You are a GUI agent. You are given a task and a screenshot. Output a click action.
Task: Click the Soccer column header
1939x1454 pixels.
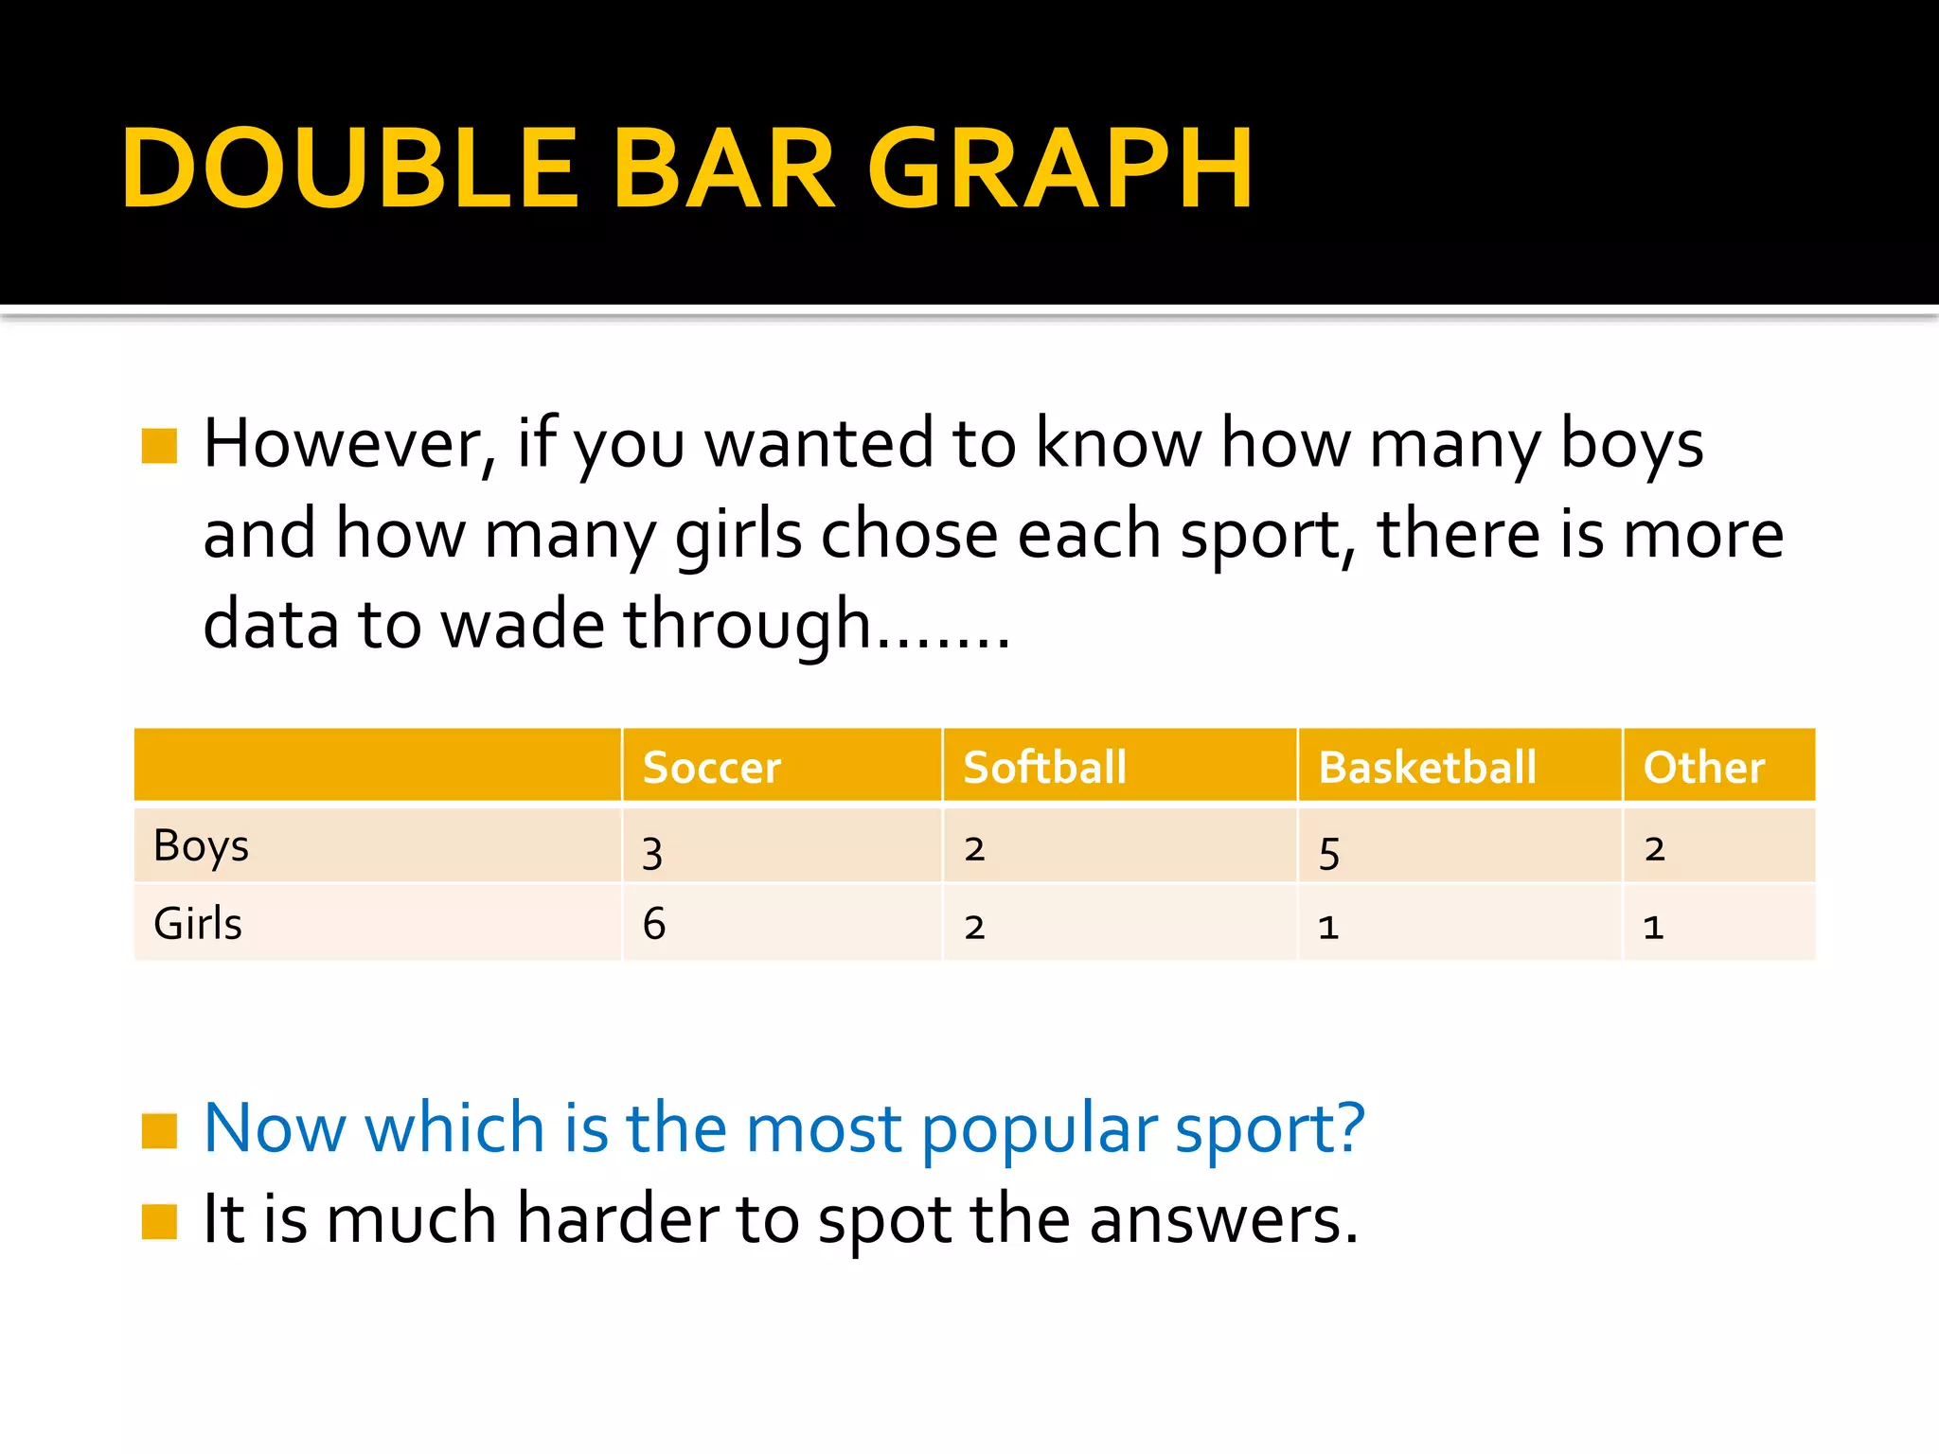(712, 767)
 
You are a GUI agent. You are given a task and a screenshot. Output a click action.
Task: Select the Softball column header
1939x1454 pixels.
(1044, 767)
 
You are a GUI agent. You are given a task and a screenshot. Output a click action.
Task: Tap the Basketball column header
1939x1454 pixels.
(1427, 767)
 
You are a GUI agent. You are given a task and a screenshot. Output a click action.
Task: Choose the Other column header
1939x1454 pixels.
(1703, 767)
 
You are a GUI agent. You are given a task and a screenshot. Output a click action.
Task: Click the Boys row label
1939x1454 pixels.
(201, 846)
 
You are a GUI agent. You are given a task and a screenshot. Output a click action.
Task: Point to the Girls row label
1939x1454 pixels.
(198, 924)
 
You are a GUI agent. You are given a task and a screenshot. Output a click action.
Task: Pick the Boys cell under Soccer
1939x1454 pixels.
(652, 852)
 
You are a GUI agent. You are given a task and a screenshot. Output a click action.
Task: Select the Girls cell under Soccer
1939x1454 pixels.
(653, 924)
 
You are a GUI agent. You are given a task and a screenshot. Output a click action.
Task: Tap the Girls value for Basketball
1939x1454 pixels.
(1328, 927)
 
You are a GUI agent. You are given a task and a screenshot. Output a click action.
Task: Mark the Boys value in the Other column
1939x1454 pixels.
(1654, 849)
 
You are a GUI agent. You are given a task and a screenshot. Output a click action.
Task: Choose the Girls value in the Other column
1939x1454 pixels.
(1653, 927)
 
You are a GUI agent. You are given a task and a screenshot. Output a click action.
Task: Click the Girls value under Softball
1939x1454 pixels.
(974, 927)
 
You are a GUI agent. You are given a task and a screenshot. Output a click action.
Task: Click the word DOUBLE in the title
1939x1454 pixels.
(349, 168)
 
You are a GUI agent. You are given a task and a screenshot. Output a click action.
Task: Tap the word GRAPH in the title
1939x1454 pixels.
(1060, 168)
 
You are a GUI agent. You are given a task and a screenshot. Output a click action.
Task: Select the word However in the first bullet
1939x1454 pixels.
(348, 443)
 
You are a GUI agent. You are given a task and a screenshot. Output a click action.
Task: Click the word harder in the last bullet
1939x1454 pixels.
(617, 1218)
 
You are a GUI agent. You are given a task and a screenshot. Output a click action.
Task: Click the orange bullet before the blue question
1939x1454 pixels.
(159, 1130)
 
